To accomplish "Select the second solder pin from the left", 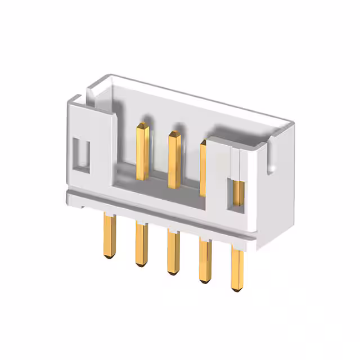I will coord(140,244).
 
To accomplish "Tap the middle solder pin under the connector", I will coord(173,252).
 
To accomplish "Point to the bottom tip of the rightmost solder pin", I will coord(237,289).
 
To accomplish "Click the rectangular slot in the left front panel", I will coord(83,153).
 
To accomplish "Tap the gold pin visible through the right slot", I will coord(238,193).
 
